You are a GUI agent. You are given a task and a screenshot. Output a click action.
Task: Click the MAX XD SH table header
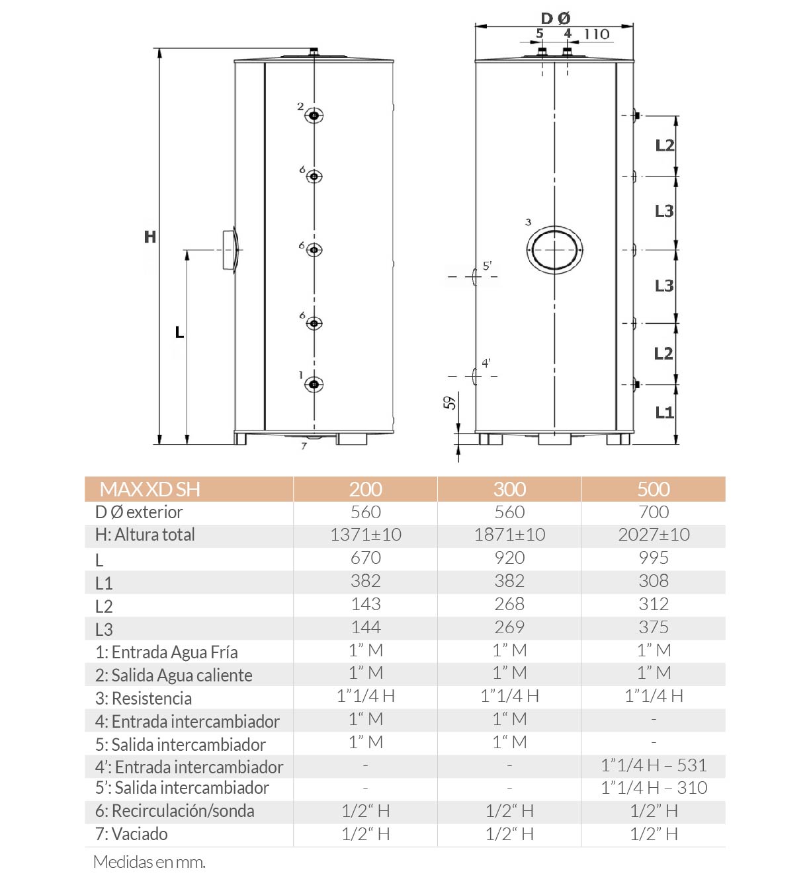[149, 489]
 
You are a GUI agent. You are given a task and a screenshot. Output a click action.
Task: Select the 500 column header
[653, 489]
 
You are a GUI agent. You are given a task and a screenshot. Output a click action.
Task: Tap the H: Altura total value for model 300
[509, 535]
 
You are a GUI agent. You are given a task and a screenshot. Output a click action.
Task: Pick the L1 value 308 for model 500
[653, 581]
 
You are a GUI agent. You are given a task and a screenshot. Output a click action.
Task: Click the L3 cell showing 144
[365, 627]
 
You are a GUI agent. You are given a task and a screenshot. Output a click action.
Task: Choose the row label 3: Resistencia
[144, 699]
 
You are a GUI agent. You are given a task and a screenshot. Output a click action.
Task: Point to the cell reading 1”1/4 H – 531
[653, 765]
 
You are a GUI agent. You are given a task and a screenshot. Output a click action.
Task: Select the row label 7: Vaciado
[132, 834]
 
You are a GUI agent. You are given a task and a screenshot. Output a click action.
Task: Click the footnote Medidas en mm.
[149, 862]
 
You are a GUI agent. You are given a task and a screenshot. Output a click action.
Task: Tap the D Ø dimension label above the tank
[555, 19]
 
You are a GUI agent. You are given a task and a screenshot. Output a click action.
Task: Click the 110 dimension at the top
[597, 34]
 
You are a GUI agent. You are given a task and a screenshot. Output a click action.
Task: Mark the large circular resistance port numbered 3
[554, 250]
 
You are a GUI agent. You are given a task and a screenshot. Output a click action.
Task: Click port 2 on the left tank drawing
[314, 116]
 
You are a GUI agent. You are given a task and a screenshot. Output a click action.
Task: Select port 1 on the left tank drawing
[314, 385]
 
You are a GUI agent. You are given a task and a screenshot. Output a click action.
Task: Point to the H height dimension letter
[150, 237]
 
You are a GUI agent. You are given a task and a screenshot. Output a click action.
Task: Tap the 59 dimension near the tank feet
[450, 402]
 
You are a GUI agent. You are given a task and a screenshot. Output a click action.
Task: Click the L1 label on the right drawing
[663, 413]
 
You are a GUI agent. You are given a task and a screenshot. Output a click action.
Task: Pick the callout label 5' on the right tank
[487, 266]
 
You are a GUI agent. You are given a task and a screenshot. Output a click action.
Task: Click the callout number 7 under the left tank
[304, 446]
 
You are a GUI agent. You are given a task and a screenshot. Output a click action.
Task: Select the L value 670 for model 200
[365, 558]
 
